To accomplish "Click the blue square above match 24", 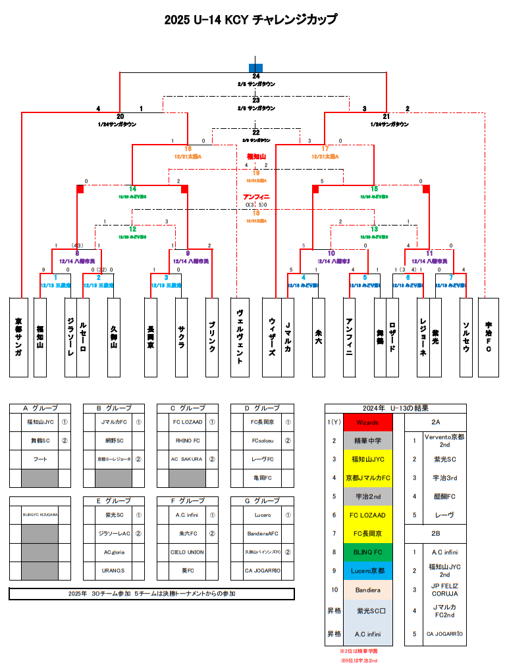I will (x=256, y=68).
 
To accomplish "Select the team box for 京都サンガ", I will (x=18, y=337).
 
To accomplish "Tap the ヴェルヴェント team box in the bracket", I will (x=240, y=337).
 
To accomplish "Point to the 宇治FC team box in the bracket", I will (x=488, y=337).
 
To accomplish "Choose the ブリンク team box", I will (x=212, y=337).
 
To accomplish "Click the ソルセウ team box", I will (x=466, y=337).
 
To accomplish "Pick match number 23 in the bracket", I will (x=256, y=100).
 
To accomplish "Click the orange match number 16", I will (x=188, y=149).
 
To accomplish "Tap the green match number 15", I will (x=374, y=189).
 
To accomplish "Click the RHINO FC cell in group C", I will (x=188, y=441).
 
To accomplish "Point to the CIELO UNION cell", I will (x=188, y=552).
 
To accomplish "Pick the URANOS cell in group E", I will (x=114, y=570).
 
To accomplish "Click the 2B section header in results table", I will (x=435, y=533).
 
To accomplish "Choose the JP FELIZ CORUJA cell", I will (x=444, y=589).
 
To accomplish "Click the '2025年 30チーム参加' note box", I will (x=151, y=594).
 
